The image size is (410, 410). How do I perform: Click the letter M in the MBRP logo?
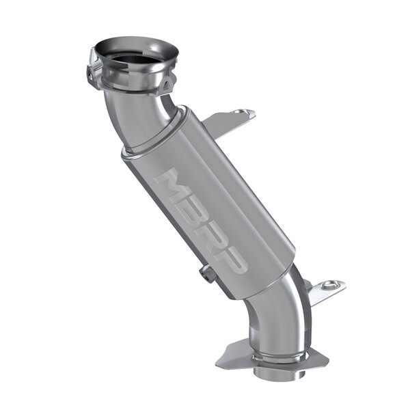[169, 183]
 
